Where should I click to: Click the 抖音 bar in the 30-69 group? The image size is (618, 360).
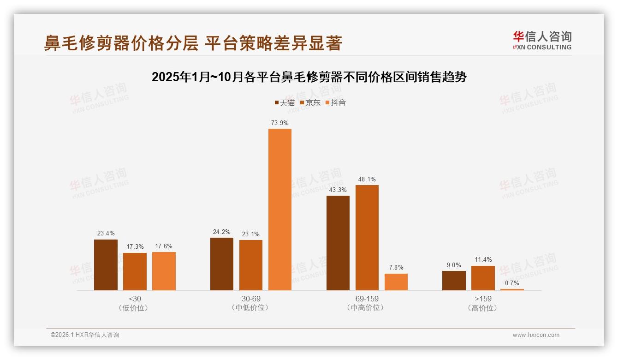[x=280, y=210]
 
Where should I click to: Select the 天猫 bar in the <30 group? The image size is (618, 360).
[x=106, y=265]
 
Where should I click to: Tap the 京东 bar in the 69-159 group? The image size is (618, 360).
[x=367, y=238]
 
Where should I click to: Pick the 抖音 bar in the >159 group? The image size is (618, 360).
[x=512, y=289]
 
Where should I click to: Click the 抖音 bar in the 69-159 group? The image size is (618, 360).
[x=396, y=282]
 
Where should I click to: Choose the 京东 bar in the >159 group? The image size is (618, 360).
[x=483, y=278]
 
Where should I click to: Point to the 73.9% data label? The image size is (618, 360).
[x=280, y=123]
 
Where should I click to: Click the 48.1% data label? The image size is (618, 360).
[x=367, y=179]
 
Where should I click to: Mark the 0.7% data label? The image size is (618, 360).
[x=512, y=283]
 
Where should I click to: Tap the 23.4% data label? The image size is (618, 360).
[x=106, y=234]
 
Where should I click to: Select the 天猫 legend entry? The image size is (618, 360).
[x=285, y=103]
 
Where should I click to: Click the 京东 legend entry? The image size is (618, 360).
[x=310, y=103]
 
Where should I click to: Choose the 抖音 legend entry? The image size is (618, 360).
[x=335, y=103]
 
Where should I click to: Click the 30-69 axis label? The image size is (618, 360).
[x=251, y=299]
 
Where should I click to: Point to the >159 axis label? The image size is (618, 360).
[x=483, y=299]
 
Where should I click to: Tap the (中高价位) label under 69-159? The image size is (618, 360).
[x=367, y=308]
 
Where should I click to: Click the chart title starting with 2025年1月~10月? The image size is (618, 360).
[x=309, y=77]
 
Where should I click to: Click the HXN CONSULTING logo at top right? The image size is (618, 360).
[x=542, y=41]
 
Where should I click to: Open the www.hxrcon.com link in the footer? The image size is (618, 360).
[x=536, y=335]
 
